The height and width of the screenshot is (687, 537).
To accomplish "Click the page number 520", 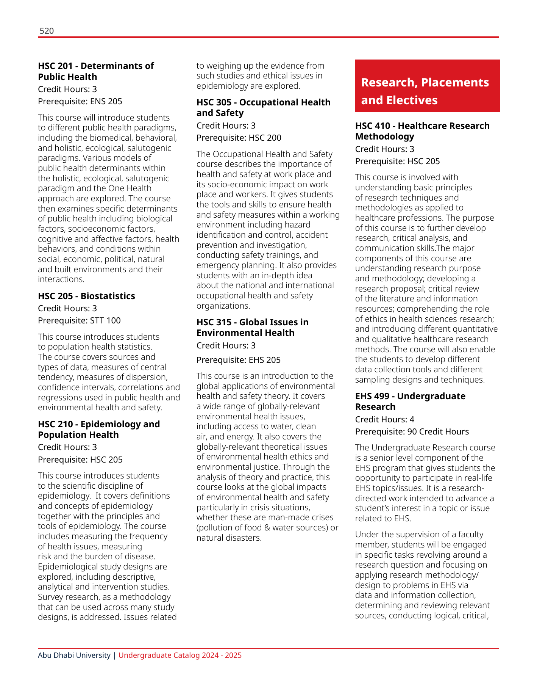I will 47,31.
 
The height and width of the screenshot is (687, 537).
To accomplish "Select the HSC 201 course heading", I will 96,71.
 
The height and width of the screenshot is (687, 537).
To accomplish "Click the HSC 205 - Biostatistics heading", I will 86,296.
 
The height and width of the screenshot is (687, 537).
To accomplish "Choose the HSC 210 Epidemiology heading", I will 99,429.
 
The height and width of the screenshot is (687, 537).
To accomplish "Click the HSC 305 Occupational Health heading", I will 263,107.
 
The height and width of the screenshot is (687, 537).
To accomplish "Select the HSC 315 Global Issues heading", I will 252,327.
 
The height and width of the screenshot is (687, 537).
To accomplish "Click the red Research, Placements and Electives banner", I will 427,86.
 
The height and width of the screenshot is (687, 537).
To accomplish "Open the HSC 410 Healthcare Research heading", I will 422,131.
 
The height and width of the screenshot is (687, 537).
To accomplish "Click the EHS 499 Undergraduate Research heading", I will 410,401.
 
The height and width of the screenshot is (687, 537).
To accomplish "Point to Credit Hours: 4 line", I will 384,419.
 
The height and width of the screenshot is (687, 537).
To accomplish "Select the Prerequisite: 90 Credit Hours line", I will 412,431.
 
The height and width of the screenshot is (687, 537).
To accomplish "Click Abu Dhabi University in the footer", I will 74,655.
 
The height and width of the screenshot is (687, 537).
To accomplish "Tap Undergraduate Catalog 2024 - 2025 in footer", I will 180,655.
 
